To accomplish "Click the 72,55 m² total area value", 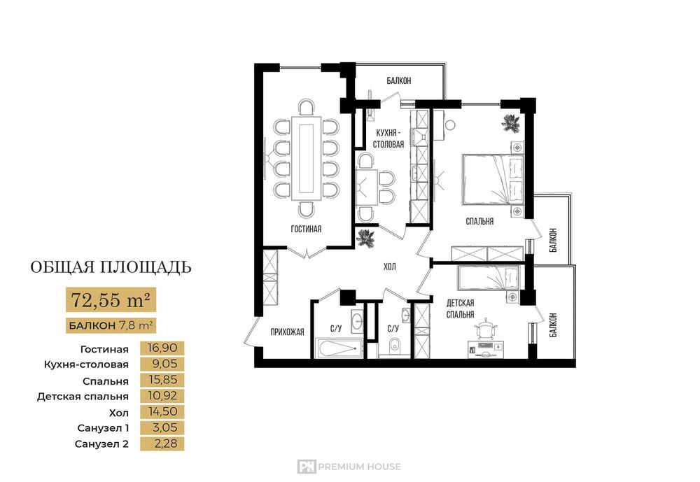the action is coord(111,300).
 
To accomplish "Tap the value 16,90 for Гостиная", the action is coord(162,348).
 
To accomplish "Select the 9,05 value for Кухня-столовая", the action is coord(164,364).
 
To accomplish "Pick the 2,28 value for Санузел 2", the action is coord(164,444).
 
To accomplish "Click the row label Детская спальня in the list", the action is coord(83,397).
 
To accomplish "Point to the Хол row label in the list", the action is coord(119,412).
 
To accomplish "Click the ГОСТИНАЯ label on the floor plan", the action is coord(307,229).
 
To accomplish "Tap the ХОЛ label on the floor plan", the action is coord(389,267).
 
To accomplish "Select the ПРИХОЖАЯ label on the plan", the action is coord(287,332).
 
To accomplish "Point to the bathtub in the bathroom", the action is coord(337,348).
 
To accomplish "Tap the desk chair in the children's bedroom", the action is coord(486,329).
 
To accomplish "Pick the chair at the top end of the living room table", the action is coord(307,108).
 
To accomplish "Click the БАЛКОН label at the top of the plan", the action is coord(399,80).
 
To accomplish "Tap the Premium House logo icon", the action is coord(307,467).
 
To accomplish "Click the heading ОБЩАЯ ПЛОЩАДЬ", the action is coord(111,267).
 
